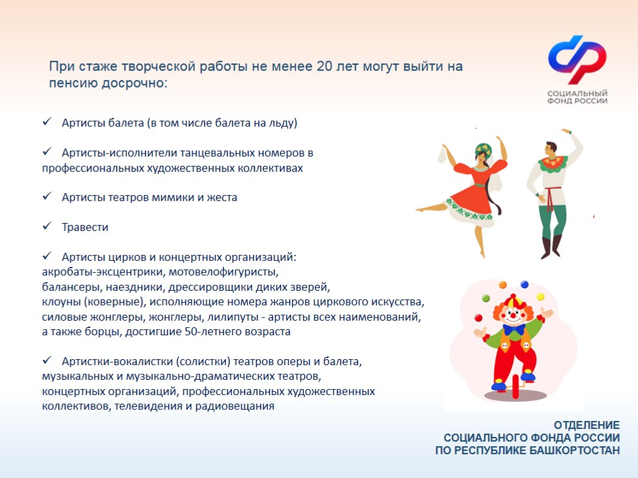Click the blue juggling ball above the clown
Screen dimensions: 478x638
point(524,285)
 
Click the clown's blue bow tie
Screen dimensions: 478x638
point(512,329)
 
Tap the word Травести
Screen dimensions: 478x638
point(84,227)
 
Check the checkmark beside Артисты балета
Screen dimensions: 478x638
point(47,123)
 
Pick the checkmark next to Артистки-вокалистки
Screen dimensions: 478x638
point(47,360)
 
